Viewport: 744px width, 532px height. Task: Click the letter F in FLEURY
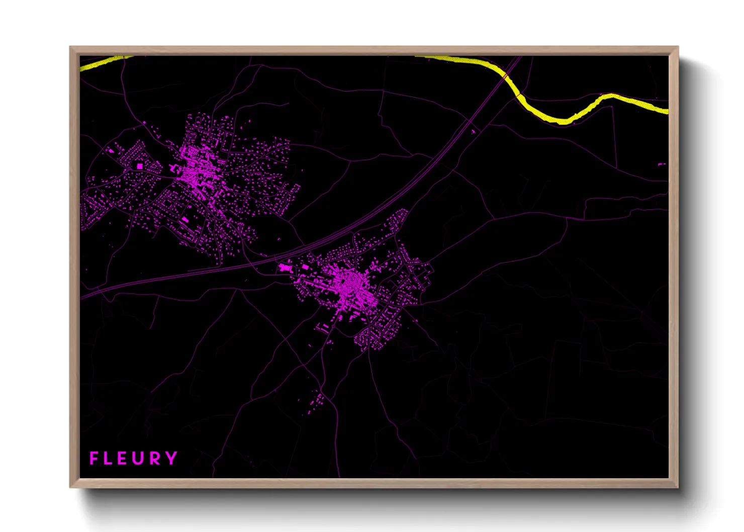[x=94, y=458]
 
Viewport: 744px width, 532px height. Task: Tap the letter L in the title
[x=108, y=458]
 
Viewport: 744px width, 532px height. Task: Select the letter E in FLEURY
[x=123, y=458]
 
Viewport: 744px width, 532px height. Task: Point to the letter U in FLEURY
[x=139, y=458]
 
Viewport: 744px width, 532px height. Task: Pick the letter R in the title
[x=156, y=458]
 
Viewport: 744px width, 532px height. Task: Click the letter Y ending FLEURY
[x=171, y=458]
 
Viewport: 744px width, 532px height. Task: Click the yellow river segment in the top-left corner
[x=103, y=63]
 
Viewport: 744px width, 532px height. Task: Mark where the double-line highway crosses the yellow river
[x=505, y=75]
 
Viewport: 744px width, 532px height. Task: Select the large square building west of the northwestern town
[x=140, y=165]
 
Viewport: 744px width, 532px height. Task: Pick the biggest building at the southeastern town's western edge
[x=285, y=268]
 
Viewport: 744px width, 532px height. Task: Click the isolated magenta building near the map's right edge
[x=661, y=164]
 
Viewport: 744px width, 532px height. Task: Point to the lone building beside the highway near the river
[x=473, y=132]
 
